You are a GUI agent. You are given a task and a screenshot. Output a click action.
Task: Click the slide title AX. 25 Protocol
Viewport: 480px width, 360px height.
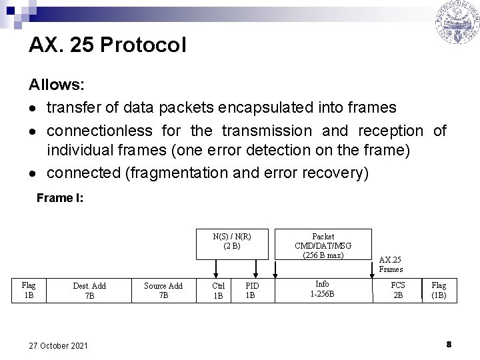click(107, 45)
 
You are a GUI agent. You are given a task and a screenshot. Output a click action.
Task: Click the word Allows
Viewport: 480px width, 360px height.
click(56, 85)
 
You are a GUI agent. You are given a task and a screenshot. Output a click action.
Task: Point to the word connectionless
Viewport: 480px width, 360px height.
click(99, 130)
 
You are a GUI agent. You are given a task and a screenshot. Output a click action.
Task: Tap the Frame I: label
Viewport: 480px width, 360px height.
click(59, 198)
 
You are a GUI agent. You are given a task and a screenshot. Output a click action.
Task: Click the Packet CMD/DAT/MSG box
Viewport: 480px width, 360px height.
click(323, 245)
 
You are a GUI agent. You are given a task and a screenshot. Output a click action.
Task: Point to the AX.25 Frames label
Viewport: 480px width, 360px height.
click(390, 264)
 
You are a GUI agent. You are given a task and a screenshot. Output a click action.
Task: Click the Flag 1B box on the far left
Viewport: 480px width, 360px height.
click(29, 291)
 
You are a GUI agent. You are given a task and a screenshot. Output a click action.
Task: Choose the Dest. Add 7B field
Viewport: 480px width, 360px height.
click(89, 291)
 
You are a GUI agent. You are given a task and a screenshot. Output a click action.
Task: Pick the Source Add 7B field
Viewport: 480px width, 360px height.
click(163, 291)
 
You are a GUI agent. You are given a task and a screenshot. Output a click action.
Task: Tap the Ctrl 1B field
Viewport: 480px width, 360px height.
click(217, 291)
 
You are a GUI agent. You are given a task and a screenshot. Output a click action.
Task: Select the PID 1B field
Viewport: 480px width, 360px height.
click(251, 291)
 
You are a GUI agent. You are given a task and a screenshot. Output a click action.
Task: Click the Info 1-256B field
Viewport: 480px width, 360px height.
click(322, 289)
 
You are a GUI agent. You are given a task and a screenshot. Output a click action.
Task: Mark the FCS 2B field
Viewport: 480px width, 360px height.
click(397, 290)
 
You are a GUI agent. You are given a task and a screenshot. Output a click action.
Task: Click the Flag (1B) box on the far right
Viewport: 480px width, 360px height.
click(439, 290)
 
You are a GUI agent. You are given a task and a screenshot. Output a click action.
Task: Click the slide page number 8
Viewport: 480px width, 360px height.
click(449, 344)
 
